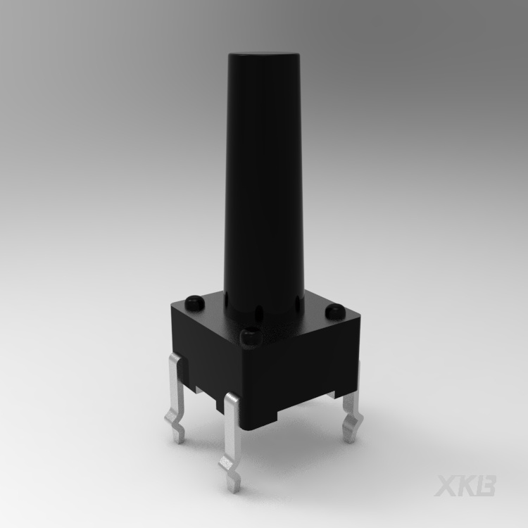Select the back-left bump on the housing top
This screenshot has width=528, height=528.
point(193,303)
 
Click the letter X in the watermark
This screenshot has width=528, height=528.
point(448,486)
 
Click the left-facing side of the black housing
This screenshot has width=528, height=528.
point(204,352)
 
